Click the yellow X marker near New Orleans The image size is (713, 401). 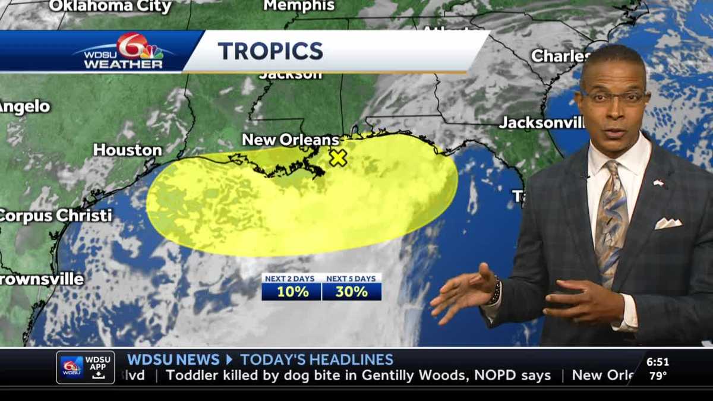coord(338,157)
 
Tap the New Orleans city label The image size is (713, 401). coord(290,140)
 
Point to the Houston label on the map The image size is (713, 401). coord(127,150)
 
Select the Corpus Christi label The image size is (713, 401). coord(56,216)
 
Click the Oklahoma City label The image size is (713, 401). coord(110,7)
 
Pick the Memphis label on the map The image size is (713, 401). coord(299,5)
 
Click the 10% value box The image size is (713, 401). coord(292,292)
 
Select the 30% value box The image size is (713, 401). coord(351,292)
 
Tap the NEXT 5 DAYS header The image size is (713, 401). coord(351,279)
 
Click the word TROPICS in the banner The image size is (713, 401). coord(270,51)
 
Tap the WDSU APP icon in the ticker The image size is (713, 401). coord(85,367)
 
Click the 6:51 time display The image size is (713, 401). coord(658,362)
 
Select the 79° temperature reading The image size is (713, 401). coord(658,375)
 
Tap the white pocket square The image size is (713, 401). coord(668,223)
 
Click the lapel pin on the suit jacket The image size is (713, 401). coord(658,183)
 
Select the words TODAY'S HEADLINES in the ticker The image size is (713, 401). coord(317,359)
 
